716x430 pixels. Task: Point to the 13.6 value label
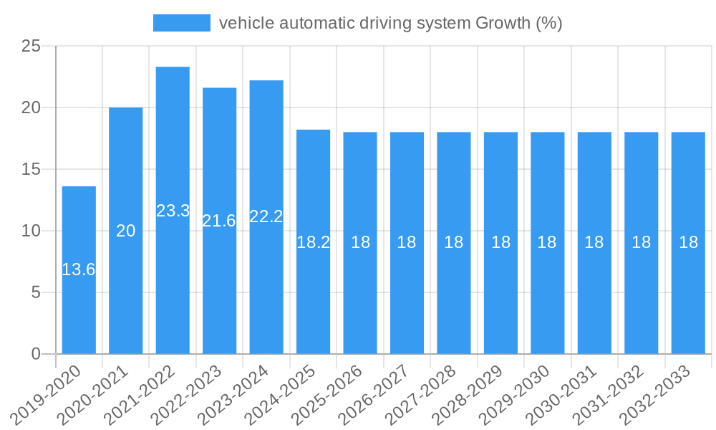coord(79,270)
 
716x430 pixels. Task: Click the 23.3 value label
coord(173,211)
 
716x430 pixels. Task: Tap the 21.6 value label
coord(219,221)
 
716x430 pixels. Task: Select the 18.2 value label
coord(313,242)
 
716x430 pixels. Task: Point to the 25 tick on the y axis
coord(32,47)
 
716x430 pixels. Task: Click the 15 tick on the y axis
coord(32,170)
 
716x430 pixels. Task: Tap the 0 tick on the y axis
coord(37,354)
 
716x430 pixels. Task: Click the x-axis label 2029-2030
coord(515,395)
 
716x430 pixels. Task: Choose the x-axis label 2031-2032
coord(609,395)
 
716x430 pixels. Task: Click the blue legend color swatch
coord(182,23)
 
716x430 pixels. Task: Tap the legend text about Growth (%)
coord(390,23)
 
